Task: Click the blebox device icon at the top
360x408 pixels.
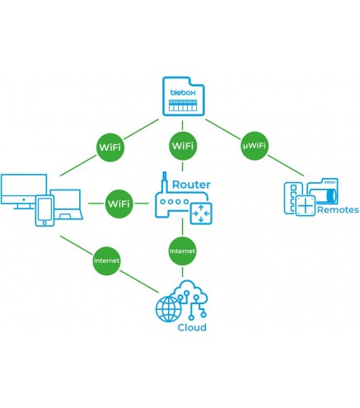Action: (x=184, y=96)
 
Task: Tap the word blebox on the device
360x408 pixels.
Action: (x=183, y=92)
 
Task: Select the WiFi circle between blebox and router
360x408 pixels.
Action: (x=183, y=146)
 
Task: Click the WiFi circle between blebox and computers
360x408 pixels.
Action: (x=110, y=148)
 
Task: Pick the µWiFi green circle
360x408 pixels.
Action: (x=255, y=145)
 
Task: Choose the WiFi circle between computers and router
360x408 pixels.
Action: (x=119, y=204)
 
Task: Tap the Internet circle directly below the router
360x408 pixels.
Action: (x=182, y=251)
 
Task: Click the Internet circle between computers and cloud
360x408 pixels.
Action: (x=106, y=260)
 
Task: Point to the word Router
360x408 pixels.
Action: (x=191, y=185)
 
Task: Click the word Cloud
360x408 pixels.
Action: (x=192, y=327)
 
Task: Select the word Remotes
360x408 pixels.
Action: (x=338, y=210)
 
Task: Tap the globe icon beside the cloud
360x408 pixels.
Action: (x=169, y=309)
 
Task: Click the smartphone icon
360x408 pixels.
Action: (x=44, y=210)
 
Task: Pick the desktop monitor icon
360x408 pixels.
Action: (x=24, y=191)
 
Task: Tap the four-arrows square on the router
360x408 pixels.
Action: (x=201, y=213)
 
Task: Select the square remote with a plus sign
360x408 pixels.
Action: (x=305, y=205)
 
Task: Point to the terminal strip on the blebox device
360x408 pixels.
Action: (x=183, y=106)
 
